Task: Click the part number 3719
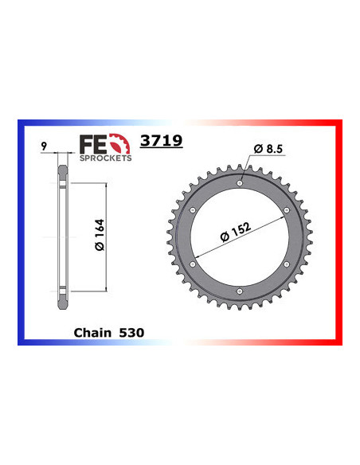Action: tap(161, 141)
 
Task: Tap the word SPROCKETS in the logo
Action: tap(106, 158)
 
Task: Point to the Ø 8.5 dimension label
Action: tap(264, 148)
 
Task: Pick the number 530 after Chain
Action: tap(131, 332)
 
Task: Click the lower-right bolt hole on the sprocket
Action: tap(286, 265)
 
